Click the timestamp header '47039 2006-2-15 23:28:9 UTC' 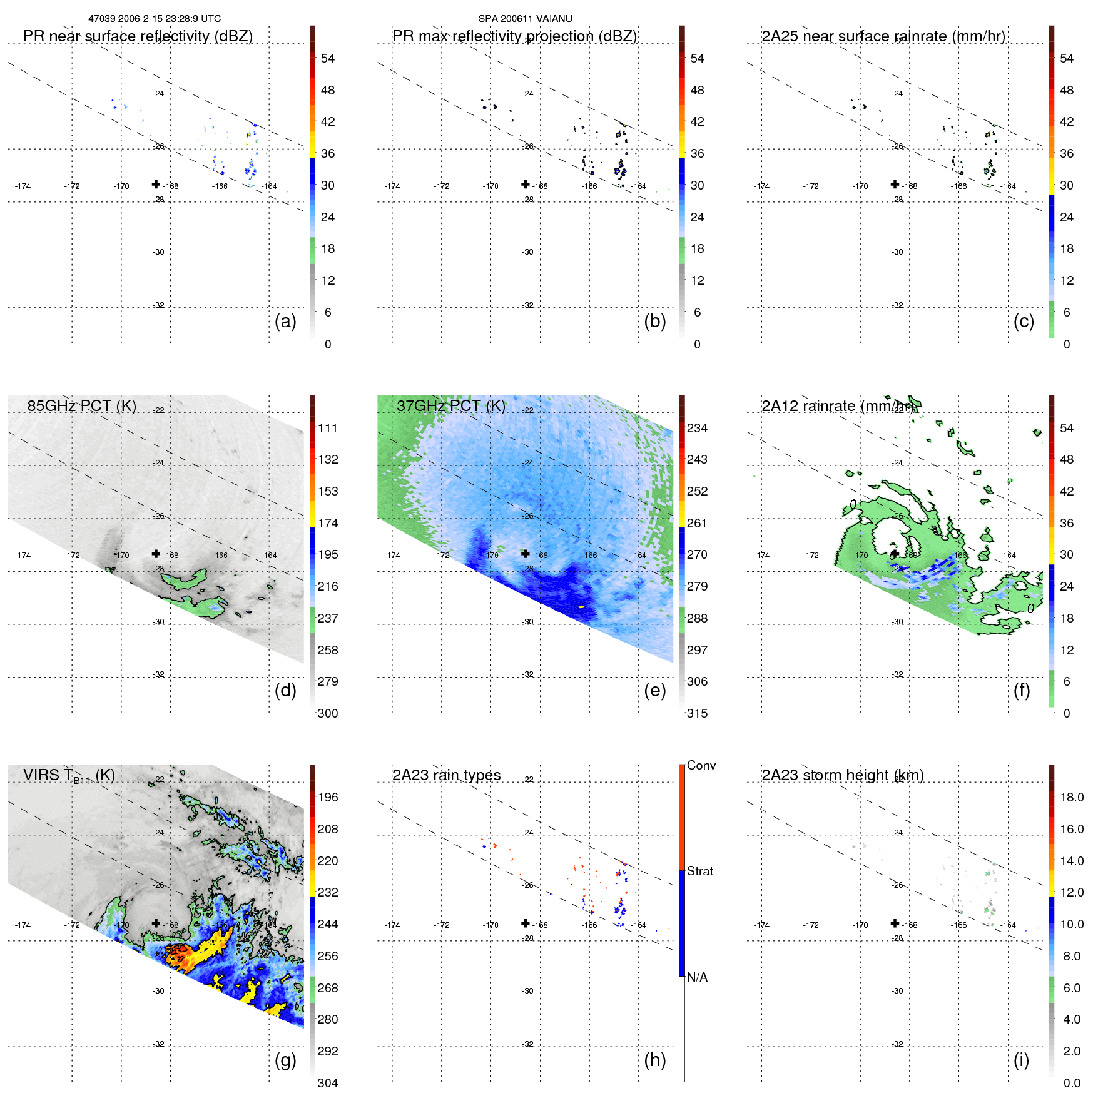(155, 19)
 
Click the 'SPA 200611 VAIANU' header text (525, 19)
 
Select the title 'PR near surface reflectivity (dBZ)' (138, 36)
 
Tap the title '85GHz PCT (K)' (81, 405)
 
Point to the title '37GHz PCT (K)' (450, 405)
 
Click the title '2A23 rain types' (446, 775)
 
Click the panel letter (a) (285, 321)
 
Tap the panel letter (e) (654, 690)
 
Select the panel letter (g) (285, 1060)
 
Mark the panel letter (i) (1021, 1060)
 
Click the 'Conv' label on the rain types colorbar (701, 765)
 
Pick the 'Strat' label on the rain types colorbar (700, 871)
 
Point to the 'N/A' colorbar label (697, 977)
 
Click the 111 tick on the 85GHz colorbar (328, 428)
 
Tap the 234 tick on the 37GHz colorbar (697, 428)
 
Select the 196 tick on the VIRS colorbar (328, 797)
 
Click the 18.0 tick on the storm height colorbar (1072, 797)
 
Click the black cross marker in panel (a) (156, 184)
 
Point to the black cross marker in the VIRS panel (156, 923)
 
